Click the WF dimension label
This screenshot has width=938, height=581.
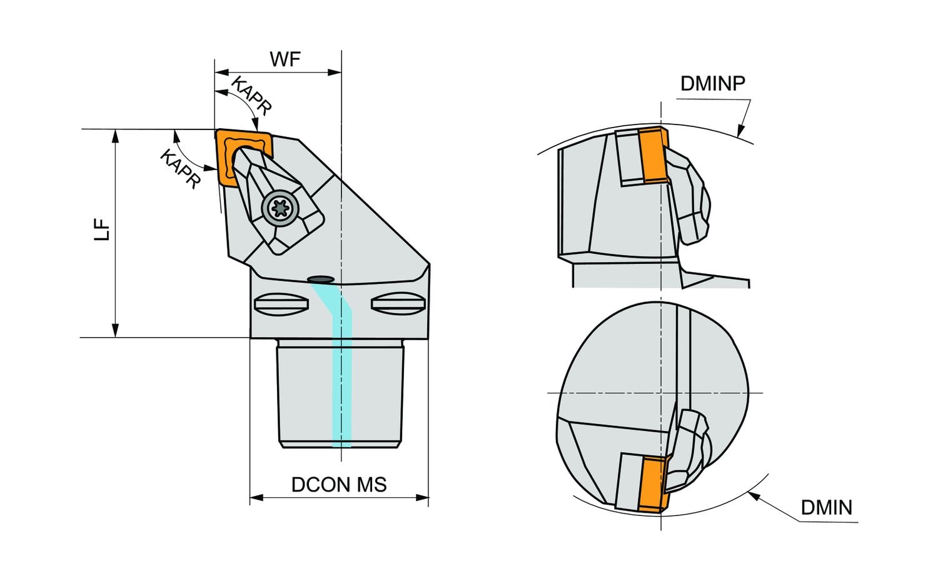click(285, 59)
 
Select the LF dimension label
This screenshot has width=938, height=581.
click(103, 229)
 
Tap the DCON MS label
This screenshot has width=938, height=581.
click(339, 484)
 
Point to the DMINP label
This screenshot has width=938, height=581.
click(712, 83)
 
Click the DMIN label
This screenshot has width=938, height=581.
click(826, 507)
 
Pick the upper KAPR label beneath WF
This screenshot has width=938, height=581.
click(251, 96)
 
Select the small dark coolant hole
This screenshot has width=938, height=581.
click(321, 278)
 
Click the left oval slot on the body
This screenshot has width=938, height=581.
click(281, 304)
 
